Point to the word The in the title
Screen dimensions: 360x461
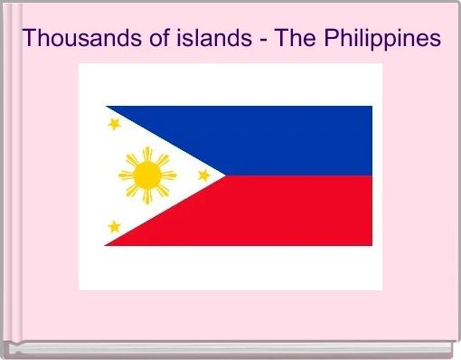272,39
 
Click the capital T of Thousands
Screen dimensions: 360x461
30,39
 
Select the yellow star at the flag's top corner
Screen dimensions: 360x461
114,124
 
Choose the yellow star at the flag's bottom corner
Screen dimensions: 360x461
114,226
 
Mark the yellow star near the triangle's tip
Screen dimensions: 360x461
203,175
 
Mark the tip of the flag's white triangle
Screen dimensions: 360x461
222,175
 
